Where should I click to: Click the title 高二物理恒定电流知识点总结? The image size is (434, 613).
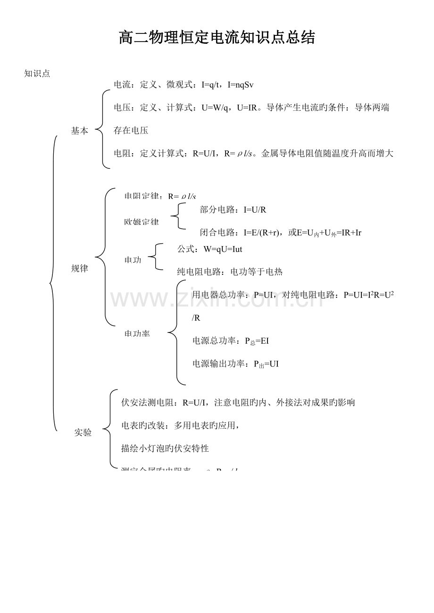(x=217, y=38)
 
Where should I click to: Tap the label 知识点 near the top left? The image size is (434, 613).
(x=37, y=74)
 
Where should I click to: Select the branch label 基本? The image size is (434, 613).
(x=79, y=131)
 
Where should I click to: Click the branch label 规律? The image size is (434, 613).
(x=79, y=269)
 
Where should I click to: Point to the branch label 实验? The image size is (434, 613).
(x=83, y=432)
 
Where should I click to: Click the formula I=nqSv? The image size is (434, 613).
(x=241, y=85)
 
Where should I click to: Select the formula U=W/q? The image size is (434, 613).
(x=216, y=108)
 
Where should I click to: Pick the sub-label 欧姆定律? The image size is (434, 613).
(x=142, y=222)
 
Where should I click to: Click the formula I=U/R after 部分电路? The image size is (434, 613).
(x=255, y=210)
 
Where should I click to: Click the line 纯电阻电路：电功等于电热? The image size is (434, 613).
(x=230, y=272)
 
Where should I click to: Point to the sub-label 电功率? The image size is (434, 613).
(x=137, y=333)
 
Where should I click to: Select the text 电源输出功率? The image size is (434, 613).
(x=219, y=364)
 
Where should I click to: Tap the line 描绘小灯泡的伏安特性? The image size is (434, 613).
(x=165, y=448)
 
